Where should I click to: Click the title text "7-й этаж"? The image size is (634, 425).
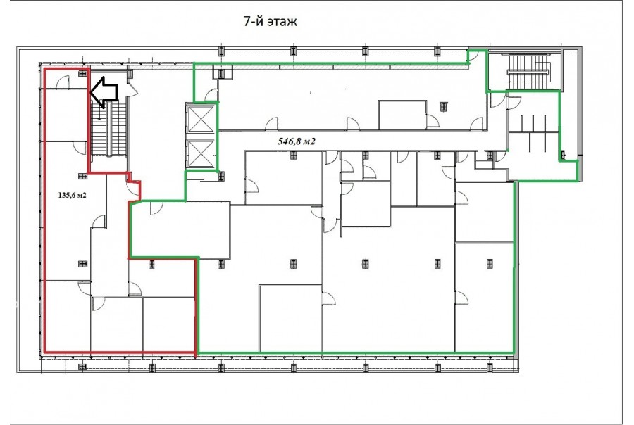tap(271, 21)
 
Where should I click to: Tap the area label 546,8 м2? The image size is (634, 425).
tap(297, 141)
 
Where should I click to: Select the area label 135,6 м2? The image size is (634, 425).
tap(73, 195)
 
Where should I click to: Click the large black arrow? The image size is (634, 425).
tap(104, 92)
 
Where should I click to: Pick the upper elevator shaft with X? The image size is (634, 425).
tap(201, 120)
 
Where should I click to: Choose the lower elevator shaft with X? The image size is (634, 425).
tap(201, 153)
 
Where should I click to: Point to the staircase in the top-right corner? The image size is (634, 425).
tap(528, 72)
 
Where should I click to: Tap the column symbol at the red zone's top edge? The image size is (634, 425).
tap(83, 72)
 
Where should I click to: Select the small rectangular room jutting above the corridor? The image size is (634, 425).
tap(403, 115)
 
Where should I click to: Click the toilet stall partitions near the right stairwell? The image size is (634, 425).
tap(534, 133)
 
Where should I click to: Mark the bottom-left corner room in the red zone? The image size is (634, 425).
tap(67, 315)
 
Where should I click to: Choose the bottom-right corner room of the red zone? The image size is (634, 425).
tap(169, 324)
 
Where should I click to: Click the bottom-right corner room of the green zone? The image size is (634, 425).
tap(485, 297)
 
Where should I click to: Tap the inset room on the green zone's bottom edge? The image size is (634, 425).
tap(291, 318)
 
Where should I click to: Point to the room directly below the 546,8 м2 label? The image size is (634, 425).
tap(285, 177)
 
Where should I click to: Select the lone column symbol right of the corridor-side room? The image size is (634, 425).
tap(444, 106)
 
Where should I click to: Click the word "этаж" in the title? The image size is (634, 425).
tap(282, 22)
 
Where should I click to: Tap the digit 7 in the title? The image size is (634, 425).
tap(247, 21)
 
